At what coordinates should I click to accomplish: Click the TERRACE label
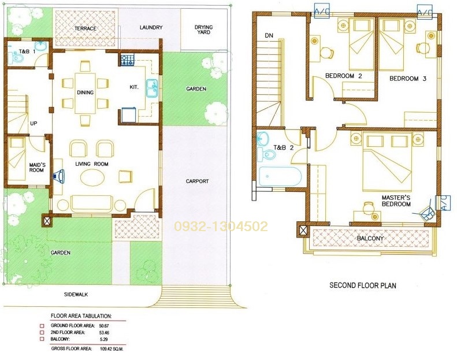pos(86,28)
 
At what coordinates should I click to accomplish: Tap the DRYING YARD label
pos(203,29)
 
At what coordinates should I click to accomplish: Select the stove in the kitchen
pos(128,60)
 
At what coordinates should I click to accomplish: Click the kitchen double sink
pos(151,88)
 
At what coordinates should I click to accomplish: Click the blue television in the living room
pos(59,176)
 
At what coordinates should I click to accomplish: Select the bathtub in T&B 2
pos(280,177)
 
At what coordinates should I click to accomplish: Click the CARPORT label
pos(198,181)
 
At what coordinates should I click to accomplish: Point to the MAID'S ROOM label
pos(37,168)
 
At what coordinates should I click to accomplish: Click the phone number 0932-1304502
pos(221,227)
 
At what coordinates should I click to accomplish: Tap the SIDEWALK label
pos(76,294)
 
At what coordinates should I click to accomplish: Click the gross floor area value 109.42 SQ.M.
pos(112,348)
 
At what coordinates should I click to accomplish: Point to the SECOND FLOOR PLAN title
pos(363,285)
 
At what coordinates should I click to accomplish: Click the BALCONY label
pos(370,238)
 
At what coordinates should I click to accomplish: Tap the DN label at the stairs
pos(269,36)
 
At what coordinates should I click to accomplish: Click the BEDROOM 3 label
pos(408,79)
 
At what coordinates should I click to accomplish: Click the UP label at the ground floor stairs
pos(34,123)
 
